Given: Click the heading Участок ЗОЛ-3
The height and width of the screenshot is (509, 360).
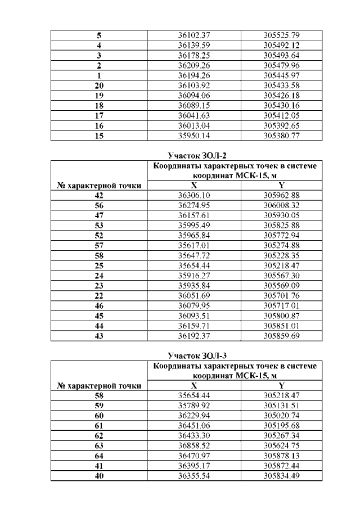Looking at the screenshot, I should point(192,355).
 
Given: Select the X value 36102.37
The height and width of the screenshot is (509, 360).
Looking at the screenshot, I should point(193,35).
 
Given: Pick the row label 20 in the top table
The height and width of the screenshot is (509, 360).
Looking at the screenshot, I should point(99,85).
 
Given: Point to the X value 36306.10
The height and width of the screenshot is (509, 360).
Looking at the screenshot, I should point(193,194).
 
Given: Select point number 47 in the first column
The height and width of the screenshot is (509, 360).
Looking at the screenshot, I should point(99,214).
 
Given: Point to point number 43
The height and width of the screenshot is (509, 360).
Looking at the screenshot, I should point(99,336).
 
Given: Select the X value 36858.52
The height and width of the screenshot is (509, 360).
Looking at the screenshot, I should point(193,446).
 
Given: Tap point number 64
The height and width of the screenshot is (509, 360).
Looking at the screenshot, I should point(99,456).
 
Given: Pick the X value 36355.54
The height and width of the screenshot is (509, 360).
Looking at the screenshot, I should point(193,476).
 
